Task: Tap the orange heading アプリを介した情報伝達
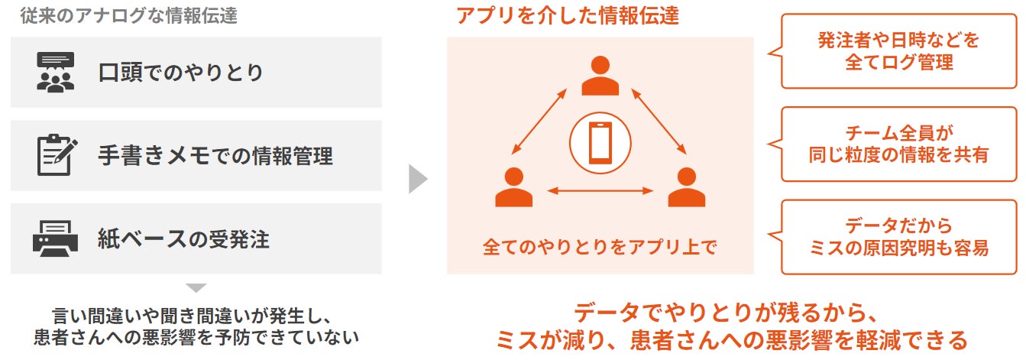pos(567,15)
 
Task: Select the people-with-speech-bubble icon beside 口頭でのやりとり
pos(56,73)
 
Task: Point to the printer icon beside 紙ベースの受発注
pos(56,239)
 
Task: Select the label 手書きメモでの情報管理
pos(215,156)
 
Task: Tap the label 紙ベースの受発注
pos(183,240)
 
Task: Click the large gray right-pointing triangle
pos(417,178)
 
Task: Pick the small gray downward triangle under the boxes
pos(196,288)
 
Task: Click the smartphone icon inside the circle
pos(600,142)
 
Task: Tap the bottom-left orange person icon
pos(513,187)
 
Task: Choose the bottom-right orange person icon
pos(686,187)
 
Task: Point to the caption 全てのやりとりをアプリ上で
pos(600,247)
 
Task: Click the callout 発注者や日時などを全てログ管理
pos(899,50)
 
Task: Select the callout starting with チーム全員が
pos(899,144)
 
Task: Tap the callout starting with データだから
pos(899,237)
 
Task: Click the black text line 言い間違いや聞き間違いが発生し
pos(196,315)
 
